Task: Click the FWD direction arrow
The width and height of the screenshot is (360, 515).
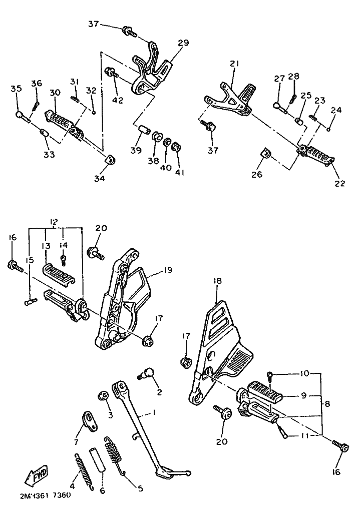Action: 36,475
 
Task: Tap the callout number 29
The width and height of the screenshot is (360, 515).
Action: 184,43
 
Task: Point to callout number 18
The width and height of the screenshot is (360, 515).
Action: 217,281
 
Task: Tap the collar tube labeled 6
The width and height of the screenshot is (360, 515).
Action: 98,458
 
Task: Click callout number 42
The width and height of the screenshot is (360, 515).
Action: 118,100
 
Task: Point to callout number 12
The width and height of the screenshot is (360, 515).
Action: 54,221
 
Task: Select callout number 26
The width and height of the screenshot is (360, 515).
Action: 257,174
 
